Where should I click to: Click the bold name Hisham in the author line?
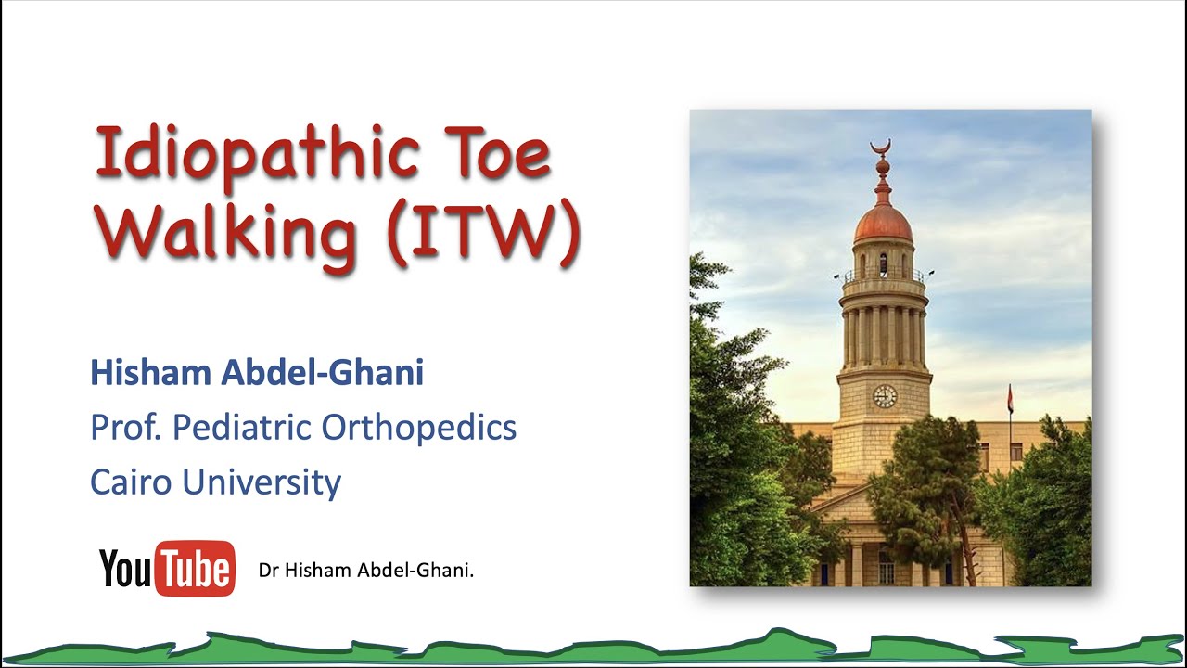151,373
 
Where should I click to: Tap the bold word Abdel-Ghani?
323,373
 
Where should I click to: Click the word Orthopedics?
419,428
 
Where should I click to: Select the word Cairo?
129,482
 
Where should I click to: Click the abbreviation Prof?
126,428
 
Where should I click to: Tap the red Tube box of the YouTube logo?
195,568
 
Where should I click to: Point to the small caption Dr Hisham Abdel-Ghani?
366,571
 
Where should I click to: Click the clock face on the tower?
885,396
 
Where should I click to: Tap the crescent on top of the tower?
880,147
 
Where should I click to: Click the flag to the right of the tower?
1010,400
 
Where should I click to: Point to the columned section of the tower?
884,336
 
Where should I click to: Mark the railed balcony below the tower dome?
884,276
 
